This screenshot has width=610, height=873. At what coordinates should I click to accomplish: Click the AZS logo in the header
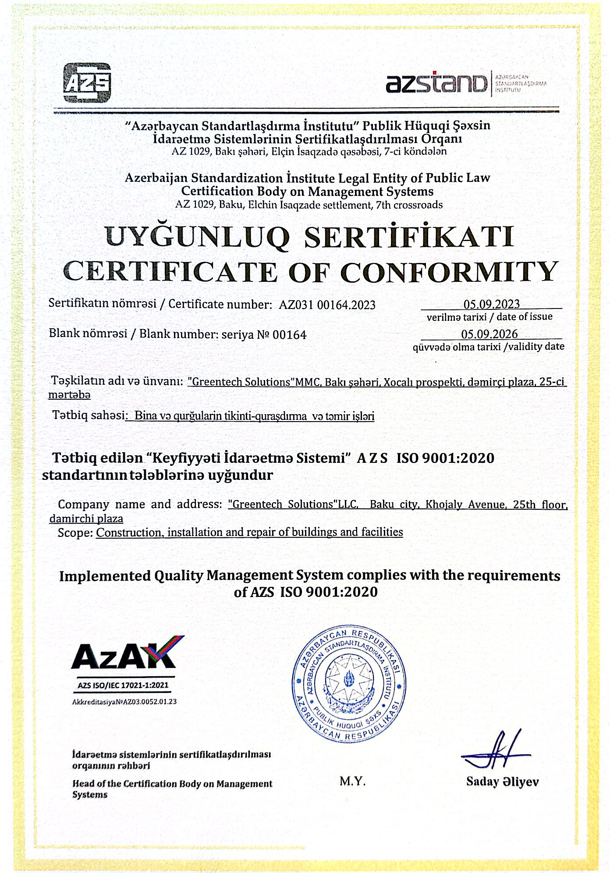(87, 82)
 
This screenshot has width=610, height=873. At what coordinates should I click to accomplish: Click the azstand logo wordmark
(436, 83)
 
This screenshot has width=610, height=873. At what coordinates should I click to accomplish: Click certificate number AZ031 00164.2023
(327, 305)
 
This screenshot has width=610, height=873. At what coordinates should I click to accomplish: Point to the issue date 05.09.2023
(491, 304)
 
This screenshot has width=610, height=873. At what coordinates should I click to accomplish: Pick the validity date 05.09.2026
(489, 334)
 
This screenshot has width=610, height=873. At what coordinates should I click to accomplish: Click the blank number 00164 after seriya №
(289, 335)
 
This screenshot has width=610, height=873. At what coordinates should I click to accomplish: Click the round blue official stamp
(349, 683)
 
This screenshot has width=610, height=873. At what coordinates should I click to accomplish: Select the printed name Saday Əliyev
(502, 782)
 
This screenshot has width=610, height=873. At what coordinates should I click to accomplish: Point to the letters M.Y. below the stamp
(352, 781)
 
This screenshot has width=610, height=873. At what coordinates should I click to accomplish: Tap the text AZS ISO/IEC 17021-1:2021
(123, 685)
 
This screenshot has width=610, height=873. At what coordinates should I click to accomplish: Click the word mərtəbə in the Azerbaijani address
(69, 395)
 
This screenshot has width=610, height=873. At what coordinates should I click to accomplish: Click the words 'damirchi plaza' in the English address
(86, 519)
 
